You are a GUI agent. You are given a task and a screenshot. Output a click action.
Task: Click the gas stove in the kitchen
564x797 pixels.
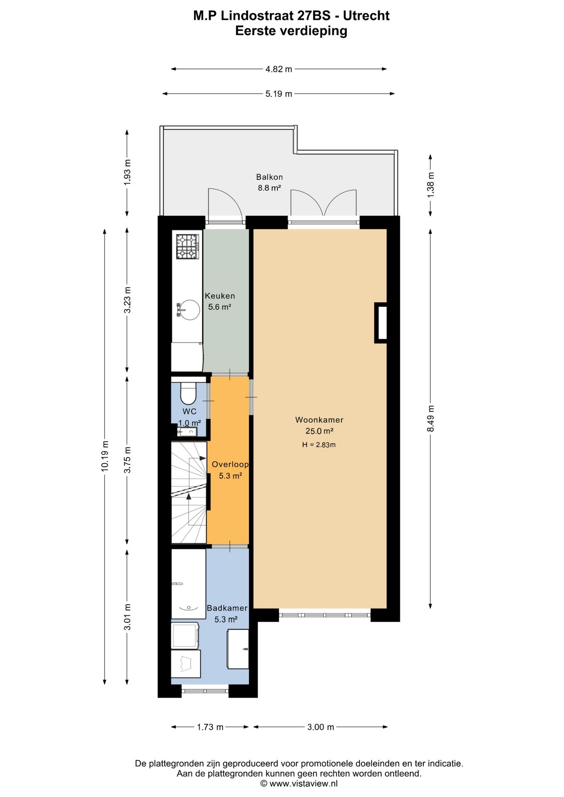[187, 247]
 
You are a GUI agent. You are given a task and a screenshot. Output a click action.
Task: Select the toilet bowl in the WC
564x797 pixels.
[188, 393]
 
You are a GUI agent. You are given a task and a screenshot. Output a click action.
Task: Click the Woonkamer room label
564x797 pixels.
[319, 420]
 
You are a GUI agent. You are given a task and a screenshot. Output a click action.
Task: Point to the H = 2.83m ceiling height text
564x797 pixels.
[319, 445]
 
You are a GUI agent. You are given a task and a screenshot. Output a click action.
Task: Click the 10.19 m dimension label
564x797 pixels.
[105, 456]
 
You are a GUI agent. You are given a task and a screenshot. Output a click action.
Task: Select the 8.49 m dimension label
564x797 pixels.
[431, 418]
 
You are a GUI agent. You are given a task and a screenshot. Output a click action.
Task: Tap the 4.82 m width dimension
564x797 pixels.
[279, 69]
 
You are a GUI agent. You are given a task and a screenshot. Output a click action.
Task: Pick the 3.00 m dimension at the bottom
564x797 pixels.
[321, 727]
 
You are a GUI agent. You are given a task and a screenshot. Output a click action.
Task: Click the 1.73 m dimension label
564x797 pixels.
[210, 727]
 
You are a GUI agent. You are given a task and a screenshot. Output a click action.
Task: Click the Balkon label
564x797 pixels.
[269, 177]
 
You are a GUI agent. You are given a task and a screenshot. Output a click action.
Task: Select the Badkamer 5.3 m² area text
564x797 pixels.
[226, 619]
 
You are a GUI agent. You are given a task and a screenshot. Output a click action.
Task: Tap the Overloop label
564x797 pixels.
[230, 465]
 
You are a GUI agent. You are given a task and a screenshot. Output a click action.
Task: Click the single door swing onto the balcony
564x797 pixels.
[225, 204]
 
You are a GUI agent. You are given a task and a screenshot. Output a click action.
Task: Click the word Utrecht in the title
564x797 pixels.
[366, 16]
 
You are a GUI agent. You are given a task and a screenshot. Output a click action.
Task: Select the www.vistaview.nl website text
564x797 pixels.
[303, 784]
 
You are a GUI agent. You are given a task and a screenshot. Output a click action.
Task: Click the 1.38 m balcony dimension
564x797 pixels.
[431, 184]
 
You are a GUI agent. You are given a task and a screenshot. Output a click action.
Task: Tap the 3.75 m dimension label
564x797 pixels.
[128, 460]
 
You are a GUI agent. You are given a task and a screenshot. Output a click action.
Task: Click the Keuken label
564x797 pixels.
[220, 296]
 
